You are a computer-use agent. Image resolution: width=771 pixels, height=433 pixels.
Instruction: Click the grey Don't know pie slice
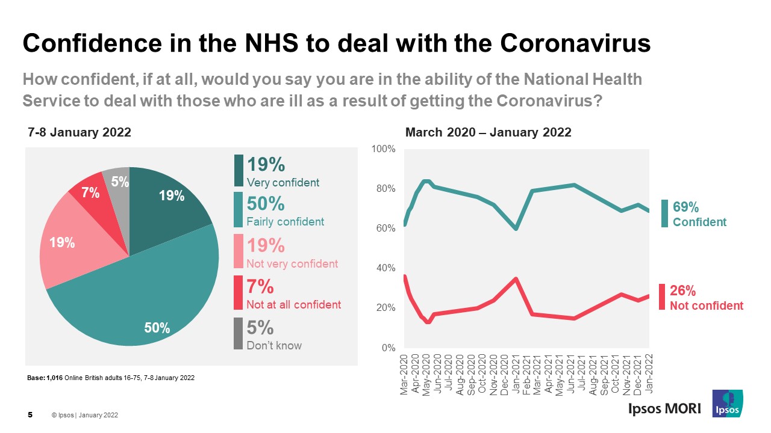pos(117,180)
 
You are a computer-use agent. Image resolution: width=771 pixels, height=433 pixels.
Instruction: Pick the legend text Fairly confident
pos(285,222)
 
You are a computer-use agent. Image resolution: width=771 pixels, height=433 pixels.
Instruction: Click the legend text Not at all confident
pos(293,304)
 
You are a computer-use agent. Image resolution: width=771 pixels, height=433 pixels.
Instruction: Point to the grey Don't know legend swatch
pos(239,333)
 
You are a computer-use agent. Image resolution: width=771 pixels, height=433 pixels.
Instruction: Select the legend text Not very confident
pos(292,263)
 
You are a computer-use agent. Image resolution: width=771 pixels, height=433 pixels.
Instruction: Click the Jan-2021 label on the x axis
pos(516,374)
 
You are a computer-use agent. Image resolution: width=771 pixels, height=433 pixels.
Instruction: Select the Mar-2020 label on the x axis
pos(404,374)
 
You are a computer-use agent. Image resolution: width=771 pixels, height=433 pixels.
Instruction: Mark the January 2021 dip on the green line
pos(516,229)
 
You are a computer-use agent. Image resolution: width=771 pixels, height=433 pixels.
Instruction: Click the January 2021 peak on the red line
pos(516,278)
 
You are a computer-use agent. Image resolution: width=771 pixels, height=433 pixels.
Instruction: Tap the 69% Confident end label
pos(699,215)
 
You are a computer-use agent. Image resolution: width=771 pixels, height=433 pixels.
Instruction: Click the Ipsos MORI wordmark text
pos(660,408)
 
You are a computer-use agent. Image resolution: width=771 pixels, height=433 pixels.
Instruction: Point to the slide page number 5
pos(30,415)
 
